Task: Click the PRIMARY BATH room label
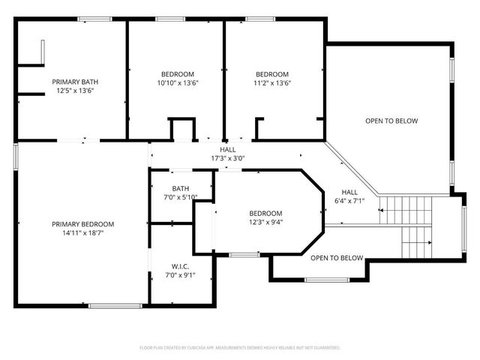point(74,82)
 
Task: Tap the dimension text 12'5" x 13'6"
point(74,91)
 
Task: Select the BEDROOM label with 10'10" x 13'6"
point(178,74)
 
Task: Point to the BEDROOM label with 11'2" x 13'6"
point(272,74)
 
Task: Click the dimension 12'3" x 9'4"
point(265,221)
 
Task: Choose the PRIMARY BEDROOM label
point(82,224)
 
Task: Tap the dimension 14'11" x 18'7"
point(82,233)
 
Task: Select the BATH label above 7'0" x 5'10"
point(180,188)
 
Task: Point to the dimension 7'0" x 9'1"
point(180,274)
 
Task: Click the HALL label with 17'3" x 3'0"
point(227,149)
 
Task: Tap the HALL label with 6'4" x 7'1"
point(349,192)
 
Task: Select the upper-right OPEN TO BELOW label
point(391,121)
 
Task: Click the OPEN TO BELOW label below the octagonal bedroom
point(337,258)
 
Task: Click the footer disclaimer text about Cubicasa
point(240,348)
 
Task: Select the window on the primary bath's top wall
point(90,19)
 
